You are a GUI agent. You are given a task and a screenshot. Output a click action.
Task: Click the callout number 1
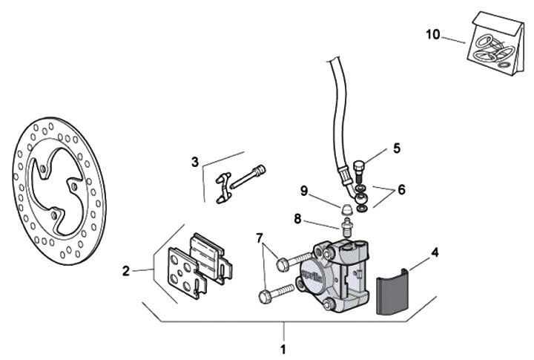pos(282,347)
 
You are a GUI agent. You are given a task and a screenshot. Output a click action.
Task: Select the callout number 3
pos(194,161)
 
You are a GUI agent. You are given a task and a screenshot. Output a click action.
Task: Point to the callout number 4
pos(435,252)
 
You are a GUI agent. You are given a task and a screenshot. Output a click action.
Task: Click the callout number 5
pos(397,148)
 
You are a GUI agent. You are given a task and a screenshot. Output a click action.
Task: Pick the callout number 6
pos(401,189)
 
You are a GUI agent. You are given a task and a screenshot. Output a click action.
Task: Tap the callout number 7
pos(259,239)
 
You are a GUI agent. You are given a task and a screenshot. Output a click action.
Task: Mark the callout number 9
pos(304,190)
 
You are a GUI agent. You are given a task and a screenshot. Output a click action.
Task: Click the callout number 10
pos(433,34)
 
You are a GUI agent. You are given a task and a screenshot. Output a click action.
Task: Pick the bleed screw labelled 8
pos(345,225)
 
